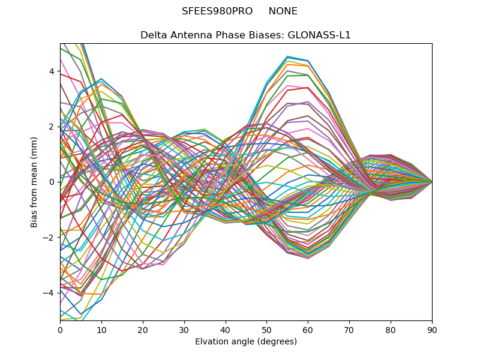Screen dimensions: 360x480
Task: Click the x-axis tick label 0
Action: (60, 329)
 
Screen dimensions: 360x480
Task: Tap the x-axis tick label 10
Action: (101, 329)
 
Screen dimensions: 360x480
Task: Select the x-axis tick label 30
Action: (184, 329)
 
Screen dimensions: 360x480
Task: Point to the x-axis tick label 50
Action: (266, 329)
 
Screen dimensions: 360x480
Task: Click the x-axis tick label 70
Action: (349, 329)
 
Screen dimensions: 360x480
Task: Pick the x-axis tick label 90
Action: (432, 329)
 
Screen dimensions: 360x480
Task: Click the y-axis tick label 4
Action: (52, 71)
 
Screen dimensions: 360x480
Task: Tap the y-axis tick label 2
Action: (52, 127)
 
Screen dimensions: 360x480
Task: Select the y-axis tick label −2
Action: (50, 237)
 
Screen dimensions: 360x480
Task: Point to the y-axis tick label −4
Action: (50, 293)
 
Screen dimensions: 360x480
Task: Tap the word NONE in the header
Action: (283, 11)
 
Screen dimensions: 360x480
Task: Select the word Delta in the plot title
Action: (153, 35)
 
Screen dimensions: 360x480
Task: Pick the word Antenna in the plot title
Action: (187, 35)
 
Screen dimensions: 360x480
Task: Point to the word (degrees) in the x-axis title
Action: (275, 342)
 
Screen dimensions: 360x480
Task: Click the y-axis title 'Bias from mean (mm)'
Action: (35, 182)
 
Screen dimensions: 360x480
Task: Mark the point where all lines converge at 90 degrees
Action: (432, 182)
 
